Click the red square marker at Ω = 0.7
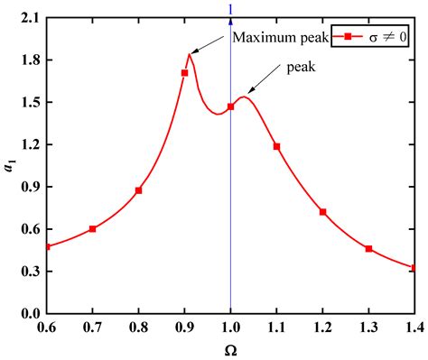click(92, 229)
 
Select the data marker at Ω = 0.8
click(138, 190)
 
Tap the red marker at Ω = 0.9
click(184, 72)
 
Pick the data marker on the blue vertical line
click(230, 106)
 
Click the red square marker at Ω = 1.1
click(276, 146)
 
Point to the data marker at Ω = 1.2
click(322, 212)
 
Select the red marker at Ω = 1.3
click(368, 249)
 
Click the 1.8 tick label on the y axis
click(29, 60)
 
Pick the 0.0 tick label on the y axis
click(29, 313)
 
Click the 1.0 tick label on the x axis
click(230, 327)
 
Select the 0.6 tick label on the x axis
click(46, 327)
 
